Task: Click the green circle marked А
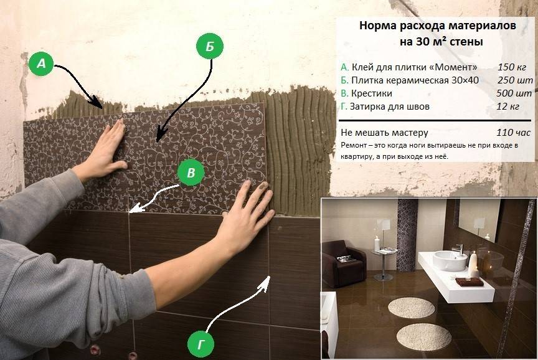[41, 64]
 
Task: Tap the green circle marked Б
[210, 46]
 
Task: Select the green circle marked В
[191, 173]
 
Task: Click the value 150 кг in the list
[512, 67]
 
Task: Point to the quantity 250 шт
[515, 80]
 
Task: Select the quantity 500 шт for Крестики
[514, 93]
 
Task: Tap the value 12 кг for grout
[508, 106]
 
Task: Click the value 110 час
[513, 133]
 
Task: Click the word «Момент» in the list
[456, 67]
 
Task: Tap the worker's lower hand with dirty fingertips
[247, 216]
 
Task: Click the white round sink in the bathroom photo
[450, 259]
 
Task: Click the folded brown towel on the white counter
[470, 282]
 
